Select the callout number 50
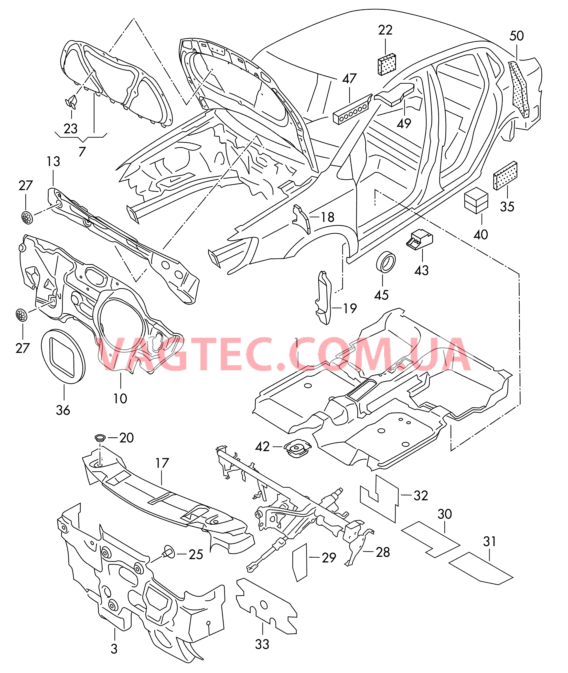pyautogui.click(x=517, y=36)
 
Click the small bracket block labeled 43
pyautogui.click(x=420, y=240)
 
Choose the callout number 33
pyautogui.click(x=262, y=644)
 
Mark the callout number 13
pyautogui.click(x=53, y=161)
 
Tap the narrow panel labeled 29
pyautogui.click(x=300, y=562)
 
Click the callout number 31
pyautogui.click(x=489, y=541)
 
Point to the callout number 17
pyautogui.click(x=162, y=463)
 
